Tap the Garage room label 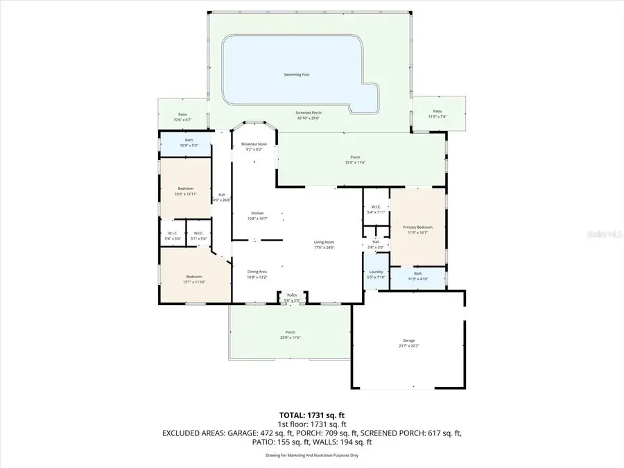[x=408, y=340]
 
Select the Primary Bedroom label [x=418, y=227]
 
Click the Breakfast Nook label [x=254, y=144]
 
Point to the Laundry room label [x=376, y=272]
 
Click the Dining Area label [x=257, y=272]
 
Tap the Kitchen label [x=257, y=213]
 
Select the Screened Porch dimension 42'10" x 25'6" [x=309, y=117]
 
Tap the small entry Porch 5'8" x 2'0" [x=293, y=297]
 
